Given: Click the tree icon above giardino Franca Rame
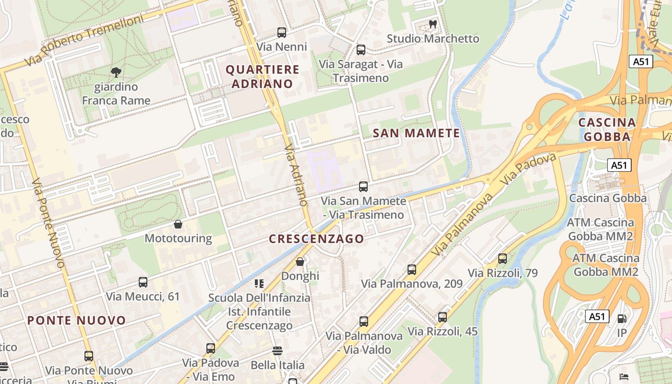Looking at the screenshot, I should point(116,72).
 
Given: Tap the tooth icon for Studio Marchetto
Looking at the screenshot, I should point(432,24).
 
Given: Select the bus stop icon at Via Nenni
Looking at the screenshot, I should point(282,33).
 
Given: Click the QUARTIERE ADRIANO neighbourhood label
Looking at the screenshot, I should point(263,77).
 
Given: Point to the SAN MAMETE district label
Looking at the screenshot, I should point(416,133).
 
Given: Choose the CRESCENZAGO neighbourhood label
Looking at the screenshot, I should point(316,239).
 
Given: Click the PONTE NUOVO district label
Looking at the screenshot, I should point(76,320).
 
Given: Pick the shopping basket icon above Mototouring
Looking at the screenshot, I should point(178,224).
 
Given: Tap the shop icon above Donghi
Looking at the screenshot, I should point(300,262).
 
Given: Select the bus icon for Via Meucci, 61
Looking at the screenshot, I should point(143,282).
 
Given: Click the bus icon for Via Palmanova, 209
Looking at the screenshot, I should point(412,269).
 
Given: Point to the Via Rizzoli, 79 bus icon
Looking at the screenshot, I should point(503,259).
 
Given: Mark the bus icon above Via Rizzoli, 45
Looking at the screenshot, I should point(443,317).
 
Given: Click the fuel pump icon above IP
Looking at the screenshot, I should point(622,318).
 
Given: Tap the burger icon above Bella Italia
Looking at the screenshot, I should point(277,351).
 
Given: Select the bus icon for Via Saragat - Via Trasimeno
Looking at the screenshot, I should point(361,49).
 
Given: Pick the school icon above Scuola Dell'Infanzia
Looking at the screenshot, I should point(259,284).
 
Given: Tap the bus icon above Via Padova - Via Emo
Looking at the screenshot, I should point(211,348).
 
